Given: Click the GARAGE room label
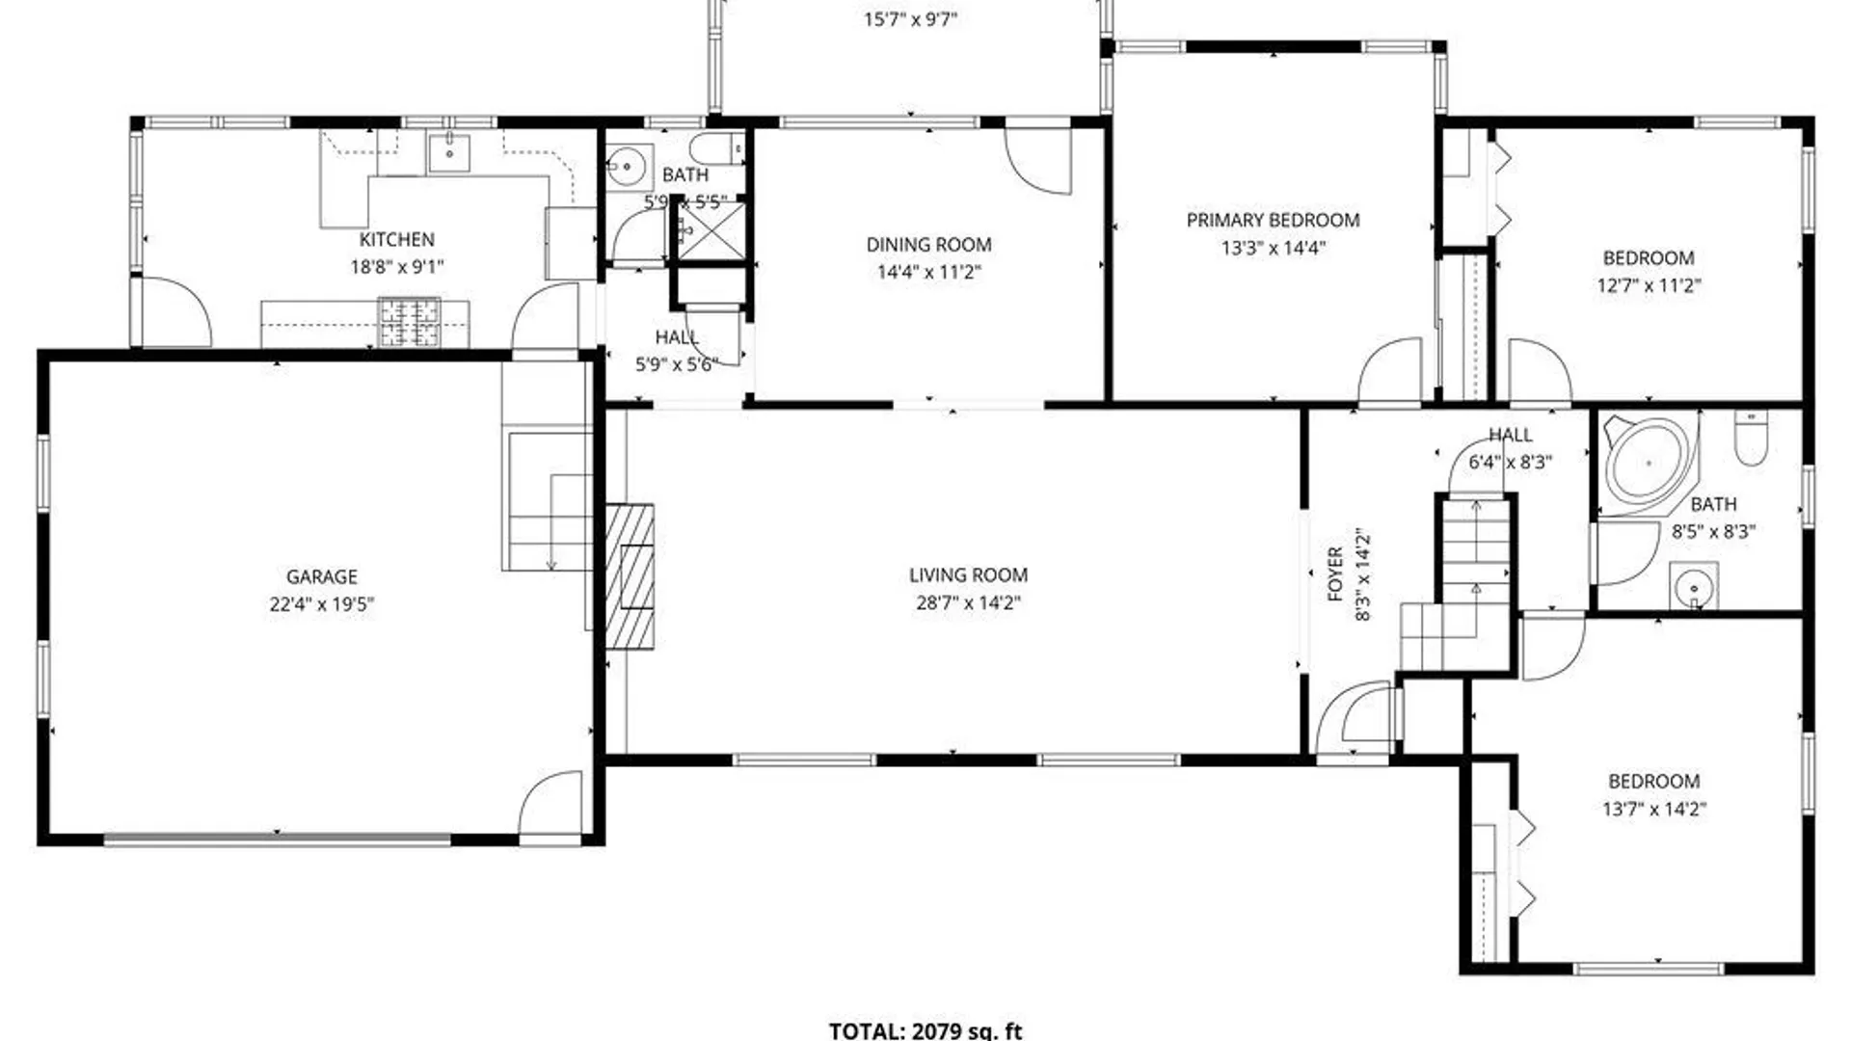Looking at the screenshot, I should (321, 576).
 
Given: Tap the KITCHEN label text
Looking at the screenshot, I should (396, 239).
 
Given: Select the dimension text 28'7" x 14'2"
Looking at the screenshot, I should (968, 603).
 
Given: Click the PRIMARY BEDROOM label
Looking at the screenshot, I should (1273, 220).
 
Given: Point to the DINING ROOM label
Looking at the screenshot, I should (928, 245).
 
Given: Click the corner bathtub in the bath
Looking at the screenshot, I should (1646, 461).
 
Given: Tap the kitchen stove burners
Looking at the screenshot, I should (409, 322).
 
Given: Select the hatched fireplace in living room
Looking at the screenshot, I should (630, 576).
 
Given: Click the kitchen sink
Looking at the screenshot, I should (449, 152).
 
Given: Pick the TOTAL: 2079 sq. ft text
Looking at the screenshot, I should (925, 1030).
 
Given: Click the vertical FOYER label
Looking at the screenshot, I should (1335, 574).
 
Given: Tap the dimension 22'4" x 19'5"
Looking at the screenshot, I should (321, 604).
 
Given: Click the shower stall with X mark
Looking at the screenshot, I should (711, 228).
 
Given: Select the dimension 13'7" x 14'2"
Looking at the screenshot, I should (1653, 810).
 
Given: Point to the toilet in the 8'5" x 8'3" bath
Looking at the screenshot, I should (1750, 439).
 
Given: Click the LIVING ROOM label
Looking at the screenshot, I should (968, 575).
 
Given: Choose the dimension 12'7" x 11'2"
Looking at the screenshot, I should (1649, 285).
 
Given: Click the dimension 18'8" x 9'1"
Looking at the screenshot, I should (396, 267).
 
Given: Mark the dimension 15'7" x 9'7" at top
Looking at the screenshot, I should (909, 19).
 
